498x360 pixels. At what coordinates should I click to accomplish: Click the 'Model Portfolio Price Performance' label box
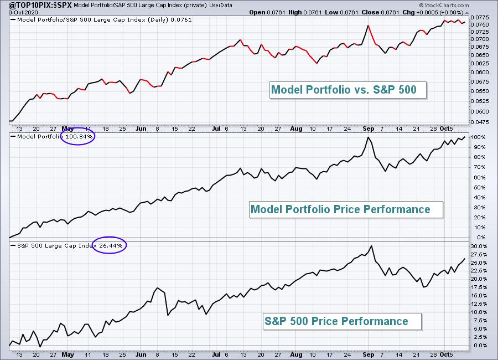click(x=340, y=209)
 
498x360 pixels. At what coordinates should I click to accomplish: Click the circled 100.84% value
click(x=77, y=136)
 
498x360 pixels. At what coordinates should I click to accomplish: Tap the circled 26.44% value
click(x=110, y=244)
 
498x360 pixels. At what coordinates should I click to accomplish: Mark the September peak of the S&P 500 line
click(x=371, y=246)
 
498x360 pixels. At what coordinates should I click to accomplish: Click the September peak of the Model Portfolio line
click(x=368, y=137)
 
